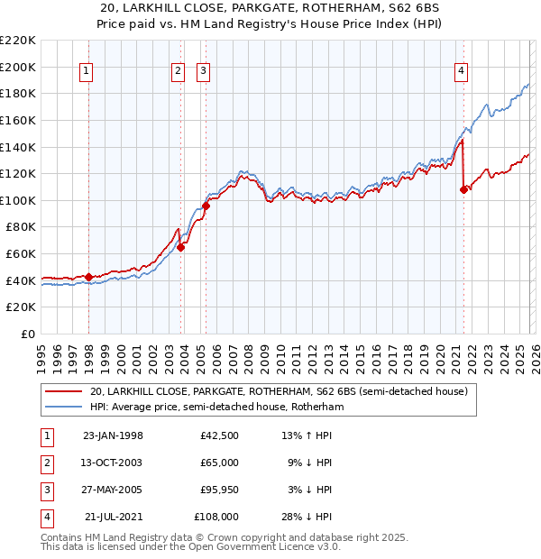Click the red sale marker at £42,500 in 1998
(x=88, y=277)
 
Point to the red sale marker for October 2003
(x=180, y=247)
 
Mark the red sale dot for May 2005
(x=206, y=206)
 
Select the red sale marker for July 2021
(x=464, y=189)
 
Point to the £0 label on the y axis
(x=27, y=334)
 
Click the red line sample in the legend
(x=62, y=392)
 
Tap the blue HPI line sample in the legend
(x=62, y=408)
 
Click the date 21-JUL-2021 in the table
(x=113, y=517)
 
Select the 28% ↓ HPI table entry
(x=307, y=517)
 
